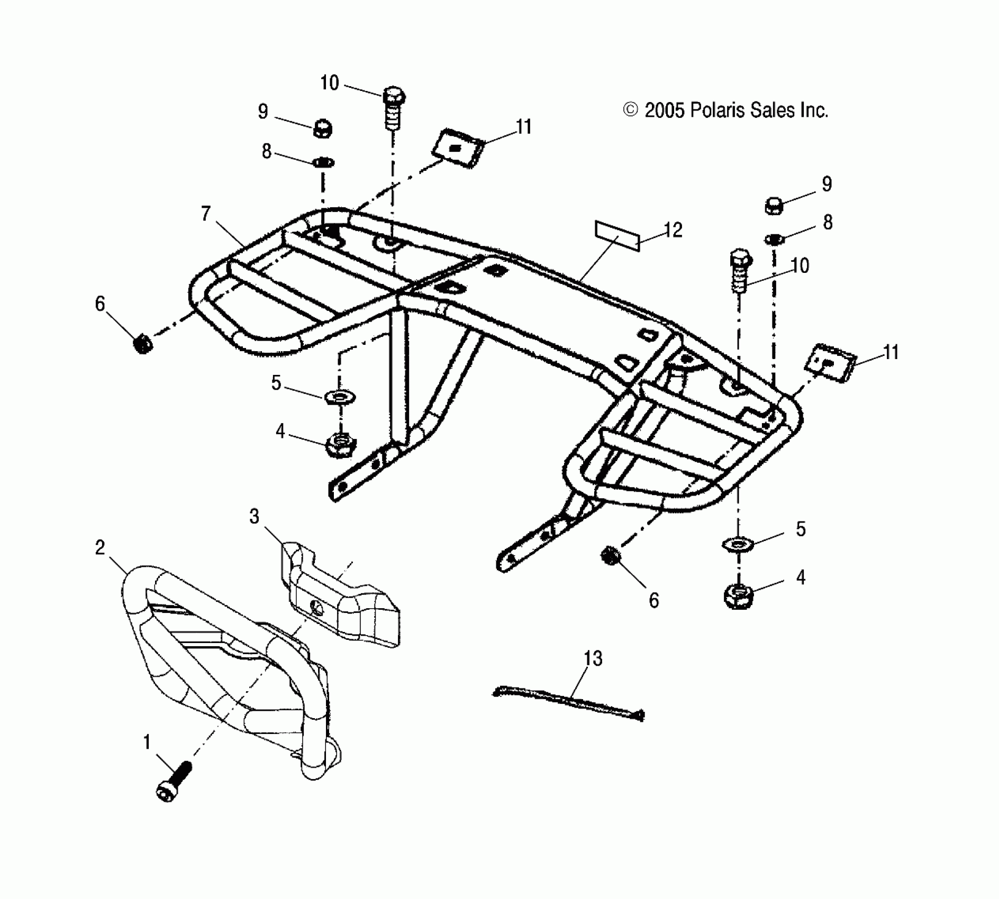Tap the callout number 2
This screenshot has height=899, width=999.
tap(100, 548)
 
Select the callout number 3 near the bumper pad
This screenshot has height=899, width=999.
tap(255, 517)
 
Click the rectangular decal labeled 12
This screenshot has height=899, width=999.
tap(617, 236)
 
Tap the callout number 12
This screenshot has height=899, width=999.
tap(673, 230)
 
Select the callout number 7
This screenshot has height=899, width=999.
tap(205, 214)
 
